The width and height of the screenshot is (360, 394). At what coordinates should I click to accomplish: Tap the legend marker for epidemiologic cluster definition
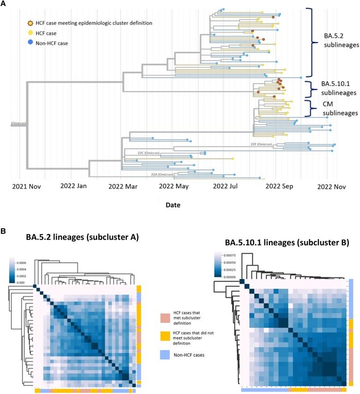(x=30, y=23)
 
